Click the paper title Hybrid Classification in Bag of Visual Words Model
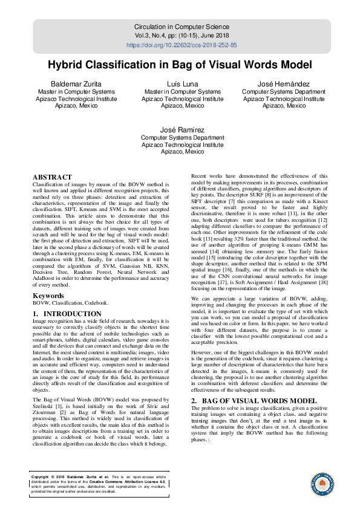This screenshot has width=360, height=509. tap(180, 65)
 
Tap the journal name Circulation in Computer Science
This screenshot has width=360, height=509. tap(182, 27)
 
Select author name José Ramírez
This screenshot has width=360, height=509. tap(182, 130)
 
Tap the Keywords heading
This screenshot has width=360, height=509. tap(48, 296)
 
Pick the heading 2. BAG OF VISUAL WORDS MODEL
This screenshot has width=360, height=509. tap(254, 401)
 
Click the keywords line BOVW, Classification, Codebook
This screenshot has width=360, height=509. tap(71, 303)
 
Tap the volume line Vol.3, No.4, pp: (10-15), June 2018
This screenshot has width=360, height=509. tap(182, 36)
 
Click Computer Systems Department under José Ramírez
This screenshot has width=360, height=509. tap(182, 138)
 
